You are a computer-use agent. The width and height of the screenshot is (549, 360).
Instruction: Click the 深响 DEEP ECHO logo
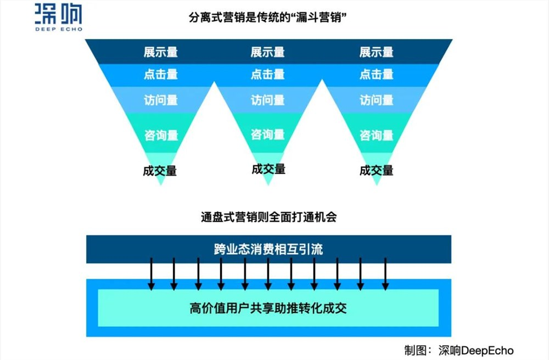click(58, 16)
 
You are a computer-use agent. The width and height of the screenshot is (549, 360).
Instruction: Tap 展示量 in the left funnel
click(160, 53)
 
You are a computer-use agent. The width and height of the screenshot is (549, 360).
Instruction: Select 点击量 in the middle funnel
click(268, 75)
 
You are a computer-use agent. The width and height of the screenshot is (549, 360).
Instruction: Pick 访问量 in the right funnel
click(377, 100)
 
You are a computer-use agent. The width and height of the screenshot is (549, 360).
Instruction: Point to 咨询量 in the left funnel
click(161, 135)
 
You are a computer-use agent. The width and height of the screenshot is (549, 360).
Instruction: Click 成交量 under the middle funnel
click(268, 169)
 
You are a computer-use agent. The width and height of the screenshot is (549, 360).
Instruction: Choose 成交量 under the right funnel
click(377, 170)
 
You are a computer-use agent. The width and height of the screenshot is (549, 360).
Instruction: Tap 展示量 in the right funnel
click(377, 53)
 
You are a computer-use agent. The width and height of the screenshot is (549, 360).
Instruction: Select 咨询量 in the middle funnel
click(268, 134)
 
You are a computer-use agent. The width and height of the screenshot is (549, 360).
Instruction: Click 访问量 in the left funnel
click(161, 100)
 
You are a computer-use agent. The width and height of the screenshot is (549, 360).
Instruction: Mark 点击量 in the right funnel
click(377, 75)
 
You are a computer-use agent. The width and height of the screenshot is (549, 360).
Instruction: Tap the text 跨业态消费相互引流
click(268, 249)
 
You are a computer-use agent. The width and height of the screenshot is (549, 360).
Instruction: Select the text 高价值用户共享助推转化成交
click(268, 308)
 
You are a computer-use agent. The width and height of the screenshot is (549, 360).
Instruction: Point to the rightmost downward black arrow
click(385, 274)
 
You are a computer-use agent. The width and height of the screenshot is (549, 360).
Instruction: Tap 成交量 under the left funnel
click(160, 171)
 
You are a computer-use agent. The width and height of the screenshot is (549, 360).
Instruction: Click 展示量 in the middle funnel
click(268, 53)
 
